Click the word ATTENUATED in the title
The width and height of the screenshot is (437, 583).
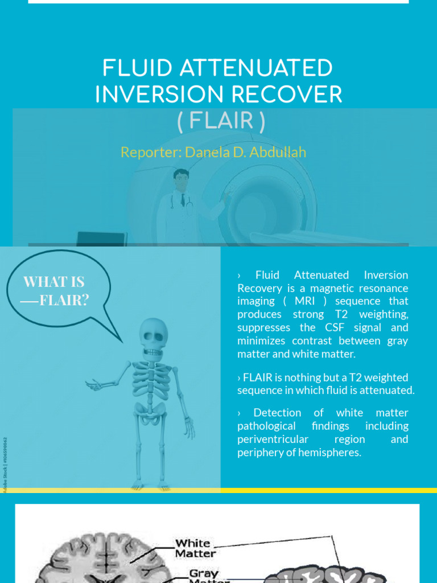pos(257,69)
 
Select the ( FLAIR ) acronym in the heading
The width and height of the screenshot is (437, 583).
pos(221,121)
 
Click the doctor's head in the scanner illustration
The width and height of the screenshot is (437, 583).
pos(181,179)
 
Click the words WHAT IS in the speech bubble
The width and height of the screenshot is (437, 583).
pos(53,281)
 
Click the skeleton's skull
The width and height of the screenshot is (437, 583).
pos(154,336)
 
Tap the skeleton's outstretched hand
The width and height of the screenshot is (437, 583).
pos(92,385)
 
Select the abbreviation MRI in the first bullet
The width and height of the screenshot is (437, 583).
pos(298,301)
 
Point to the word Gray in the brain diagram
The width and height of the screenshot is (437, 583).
pos(204,574)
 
